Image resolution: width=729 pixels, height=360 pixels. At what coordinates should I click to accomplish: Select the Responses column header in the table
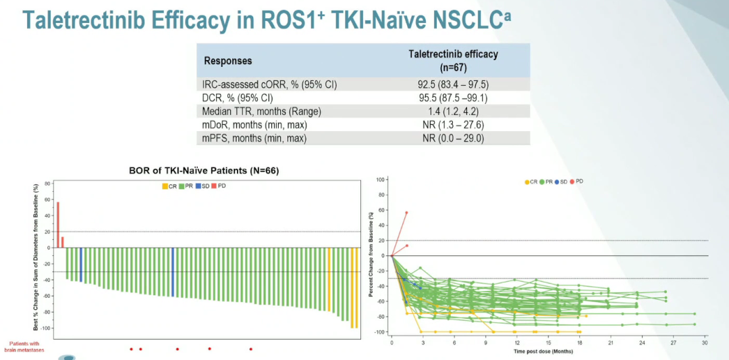227,61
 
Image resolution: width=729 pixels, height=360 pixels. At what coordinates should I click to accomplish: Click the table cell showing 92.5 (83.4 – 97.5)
453,84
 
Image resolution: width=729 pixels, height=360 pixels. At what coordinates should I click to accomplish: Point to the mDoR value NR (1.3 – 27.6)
453,125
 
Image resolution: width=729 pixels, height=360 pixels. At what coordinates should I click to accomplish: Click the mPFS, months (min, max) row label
254,138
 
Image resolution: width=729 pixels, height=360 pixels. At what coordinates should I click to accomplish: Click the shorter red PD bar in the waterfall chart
63,242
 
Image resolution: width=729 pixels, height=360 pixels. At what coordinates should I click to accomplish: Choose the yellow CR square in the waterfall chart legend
163,186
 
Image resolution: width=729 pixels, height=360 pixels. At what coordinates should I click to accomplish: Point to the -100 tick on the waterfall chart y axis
47,328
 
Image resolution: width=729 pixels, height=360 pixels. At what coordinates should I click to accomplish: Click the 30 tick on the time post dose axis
705,343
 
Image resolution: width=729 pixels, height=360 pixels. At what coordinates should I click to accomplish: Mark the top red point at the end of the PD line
406,212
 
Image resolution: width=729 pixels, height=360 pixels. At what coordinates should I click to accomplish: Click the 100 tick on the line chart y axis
380,180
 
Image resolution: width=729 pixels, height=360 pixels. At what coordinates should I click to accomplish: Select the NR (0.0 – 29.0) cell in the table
453,138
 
